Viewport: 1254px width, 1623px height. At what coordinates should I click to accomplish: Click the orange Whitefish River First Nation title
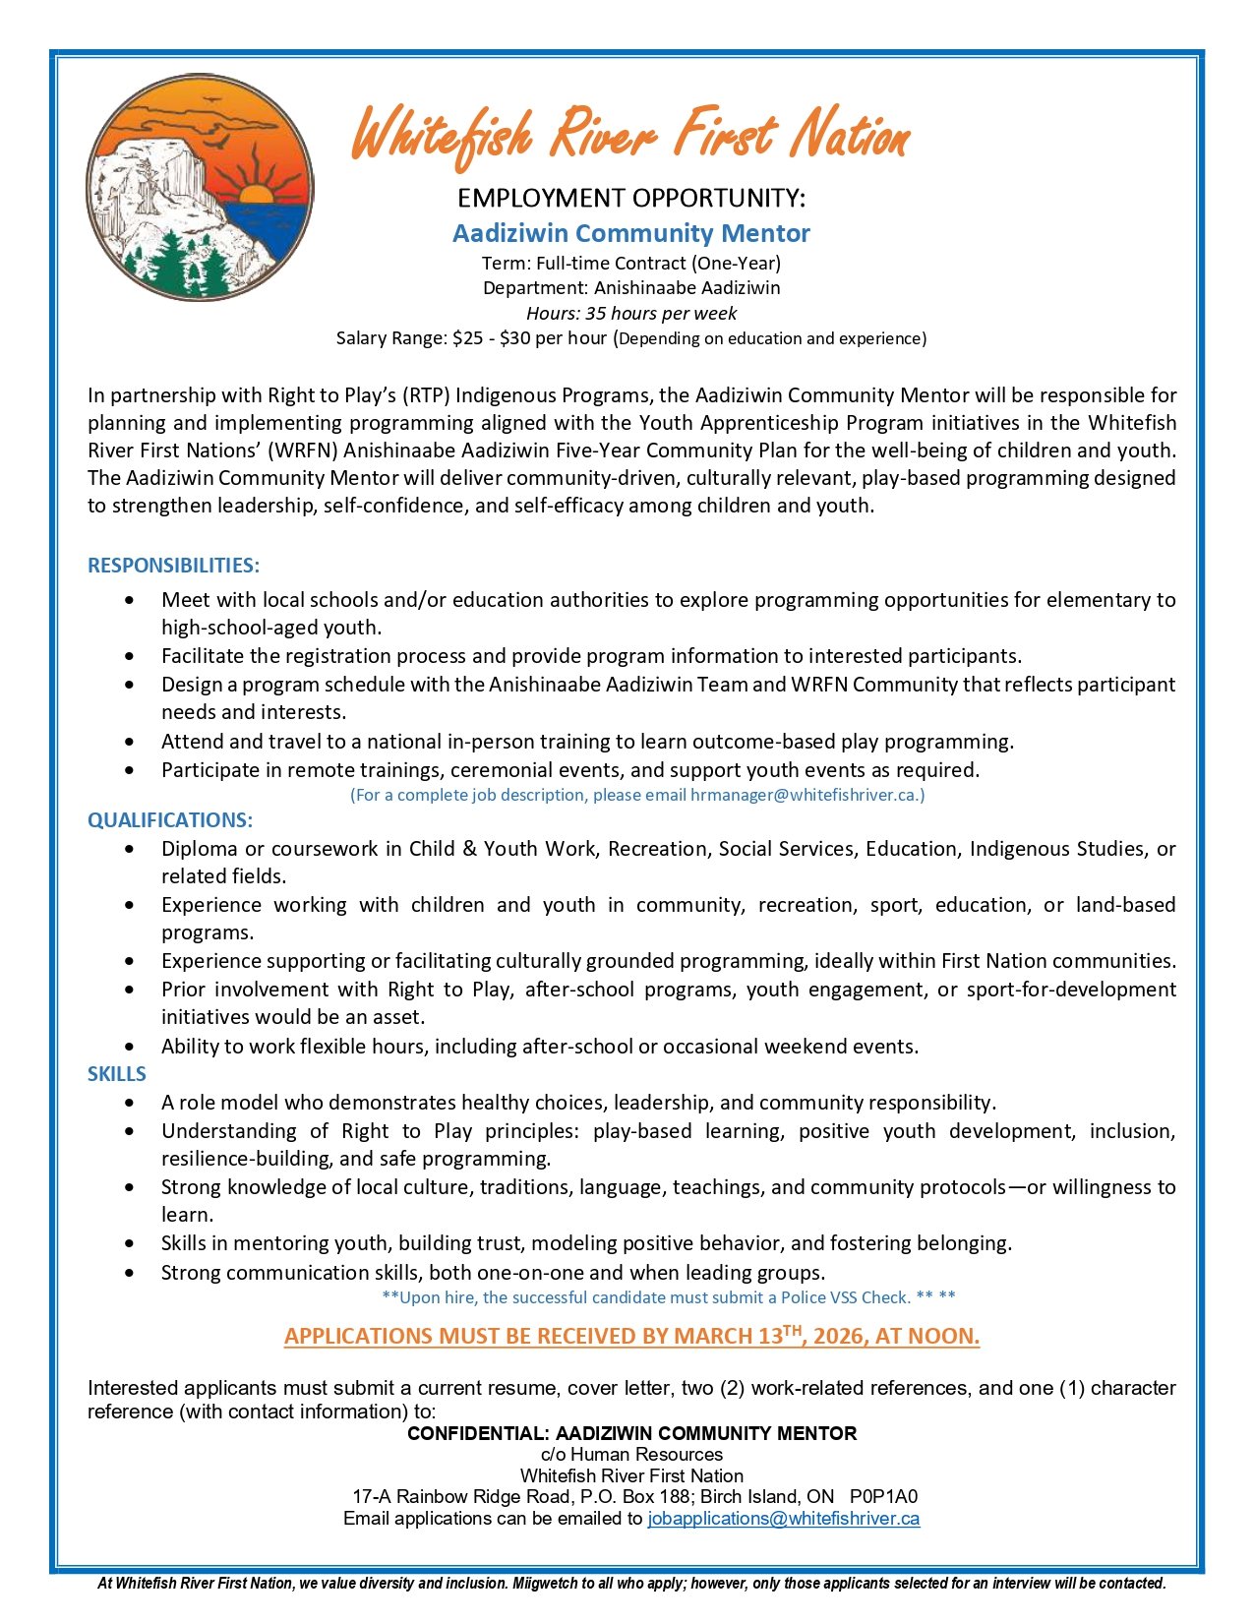click(630, 136)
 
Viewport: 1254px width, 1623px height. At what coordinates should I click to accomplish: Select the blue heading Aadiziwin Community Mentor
click(630, 233)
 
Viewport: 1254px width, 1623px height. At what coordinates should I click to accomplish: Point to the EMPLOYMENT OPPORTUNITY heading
click(630, 199)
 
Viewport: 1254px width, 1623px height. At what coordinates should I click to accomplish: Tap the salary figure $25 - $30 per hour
click(529, 338)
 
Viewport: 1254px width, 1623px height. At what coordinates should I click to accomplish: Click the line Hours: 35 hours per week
click(630, 314)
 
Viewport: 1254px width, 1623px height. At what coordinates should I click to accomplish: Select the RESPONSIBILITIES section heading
click(173, 566)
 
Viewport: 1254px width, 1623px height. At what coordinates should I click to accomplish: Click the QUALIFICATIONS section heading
click(169, 820)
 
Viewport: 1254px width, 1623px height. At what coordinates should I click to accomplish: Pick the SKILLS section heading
click(116, 1074)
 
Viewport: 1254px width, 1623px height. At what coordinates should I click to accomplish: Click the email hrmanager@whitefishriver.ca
click(805, 795)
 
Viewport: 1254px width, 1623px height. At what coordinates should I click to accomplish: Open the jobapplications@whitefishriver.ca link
click(783, 1518)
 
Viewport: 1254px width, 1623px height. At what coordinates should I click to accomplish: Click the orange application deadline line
click(631, 1336)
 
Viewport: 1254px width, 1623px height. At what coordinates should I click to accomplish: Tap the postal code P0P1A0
click(883, 1496)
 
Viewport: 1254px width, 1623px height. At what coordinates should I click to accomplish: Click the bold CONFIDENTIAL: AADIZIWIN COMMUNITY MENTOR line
click(631, 1433)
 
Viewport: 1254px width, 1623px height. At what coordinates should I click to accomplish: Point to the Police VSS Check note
click(668, 1297)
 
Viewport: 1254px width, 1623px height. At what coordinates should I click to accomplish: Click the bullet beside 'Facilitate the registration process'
click(131, 656)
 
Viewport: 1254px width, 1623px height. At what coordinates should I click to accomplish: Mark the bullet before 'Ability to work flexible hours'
click(131, 1047)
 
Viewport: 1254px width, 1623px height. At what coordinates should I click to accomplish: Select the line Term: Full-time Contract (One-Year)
click(630, 264)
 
